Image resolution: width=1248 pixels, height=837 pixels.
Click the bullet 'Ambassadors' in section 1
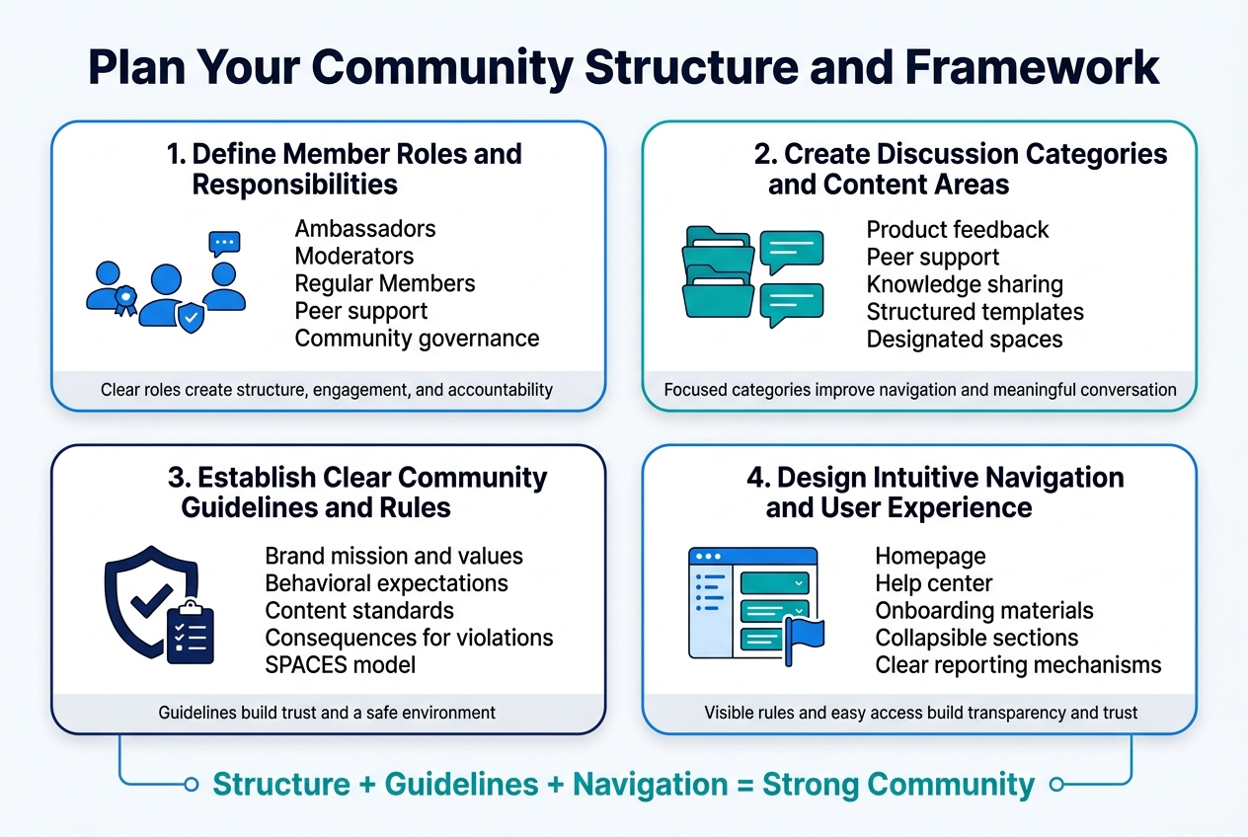pyautogui.click(x=365, y=229)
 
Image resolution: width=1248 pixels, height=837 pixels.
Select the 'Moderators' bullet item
pyautogui.click(x=354, y=257)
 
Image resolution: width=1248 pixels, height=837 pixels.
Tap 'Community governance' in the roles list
pyautogui.click(x=417, y=339)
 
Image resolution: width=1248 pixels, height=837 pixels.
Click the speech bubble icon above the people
pyautogui.click(x=224, y=243)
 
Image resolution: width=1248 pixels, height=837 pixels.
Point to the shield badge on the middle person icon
pyautogui.click(x=192, y=316)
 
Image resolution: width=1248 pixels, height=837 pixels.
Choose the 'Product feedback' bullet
pyautogui.click(x=957, y=230)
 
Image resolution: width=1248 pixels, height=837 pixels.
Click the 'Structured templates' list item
pyautogui.click(x=975, y=312)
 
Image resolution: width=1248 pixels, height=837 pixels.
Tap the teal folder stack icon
pyautogui.click(x=718, y=271)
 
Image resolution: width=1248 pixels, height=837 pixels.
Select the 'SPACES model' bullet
pyautogui.click(x=341, y=664)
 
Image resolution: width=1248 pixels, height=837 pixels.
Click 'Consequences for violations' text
pyautogui.click(x=409, y=638)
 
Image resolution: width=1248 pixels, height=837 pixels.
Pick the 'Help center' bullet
pyautogui.click(x=933, y=583)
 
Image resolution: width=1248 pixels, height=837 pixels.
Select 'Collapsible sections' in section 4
pyautogui.click(x=976, y=638)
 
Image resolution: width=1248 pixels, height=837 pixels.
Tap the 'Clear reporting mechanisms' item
pyautogui.click(x=1018, y=664)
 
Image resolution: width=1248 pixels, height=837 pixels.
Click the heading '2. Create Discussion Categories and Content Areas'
pyautogui.click(x=967, y=169)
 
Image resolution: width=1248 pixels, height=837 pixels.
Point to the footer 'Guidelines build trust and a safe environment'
pyautogui.click(x=327, y=712)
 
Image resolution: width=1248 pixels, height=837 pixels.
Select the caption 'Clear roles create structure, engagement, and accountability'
pyautogui.click(x=327, y=390)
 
